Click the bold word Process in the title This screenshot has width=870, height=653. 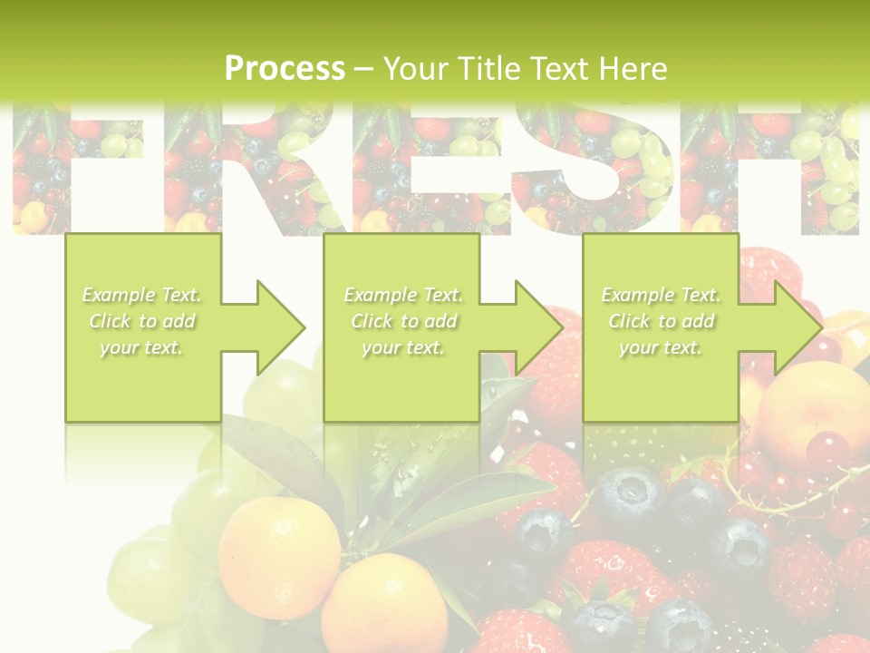coord(285,68)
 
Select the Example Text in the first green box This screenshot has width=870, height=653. coord(142,295)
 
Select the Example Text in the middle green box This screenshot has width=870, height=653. coord(403,295)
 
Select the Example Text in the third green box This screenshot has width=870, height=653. coord(661,295)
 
